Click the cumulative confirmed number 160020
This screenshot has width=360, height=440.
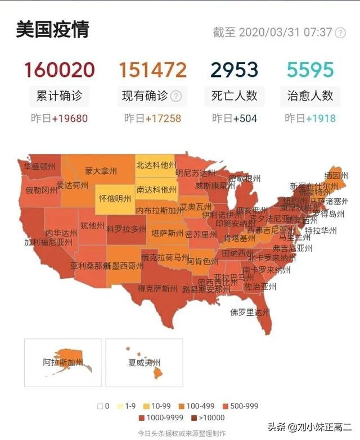(59, 70)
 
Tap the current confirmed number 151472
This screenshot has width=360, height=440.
(152, 70)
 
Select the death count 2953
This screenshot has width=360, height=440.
(234, 70)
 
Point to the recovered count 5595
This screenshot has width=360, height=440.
(310, 70)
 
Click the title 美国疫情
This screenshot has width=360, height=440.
(52, 30)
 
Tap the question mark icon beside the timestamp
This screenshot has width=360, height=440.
(340, 33)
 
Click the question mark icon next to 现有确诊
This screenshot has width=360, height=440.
(176, 96)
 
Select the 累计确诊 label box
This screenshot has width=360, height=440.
(59, 96)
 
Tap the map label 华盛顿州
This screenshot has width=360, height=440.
(39, 166)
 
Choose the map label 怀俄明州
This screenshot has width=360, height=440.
(115, 198)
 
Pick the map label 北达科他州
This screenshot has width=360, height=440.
(156, 165)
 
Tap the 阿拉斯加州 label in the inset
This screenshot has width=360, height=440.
(63, 362)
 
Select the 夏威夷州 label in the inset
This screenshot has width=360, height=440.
(144, 362)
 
